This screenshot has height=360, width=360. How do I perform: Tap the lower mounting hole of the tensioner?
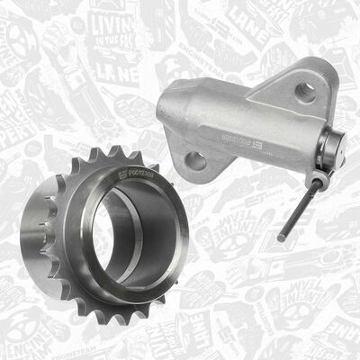click(194, 161)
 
